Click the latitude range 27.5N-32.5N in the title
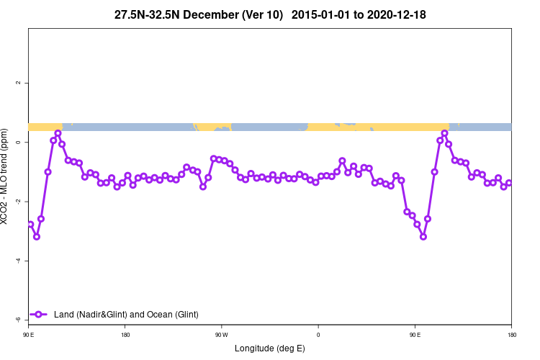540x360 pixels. click(x=150, y=14)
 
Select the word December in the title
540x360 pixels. click(x=215, y=14)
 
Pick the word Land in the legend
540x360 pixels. click(x=63, y=315)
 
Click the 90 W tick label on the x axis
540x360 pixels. click(x=221, y=335)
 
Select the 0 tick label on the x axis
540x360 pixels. click(x=318, y=335)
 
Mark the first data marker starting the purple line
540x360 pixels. click(x=30, y=224)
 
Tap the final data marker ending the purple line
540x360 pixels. click(x=509, y=183)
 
